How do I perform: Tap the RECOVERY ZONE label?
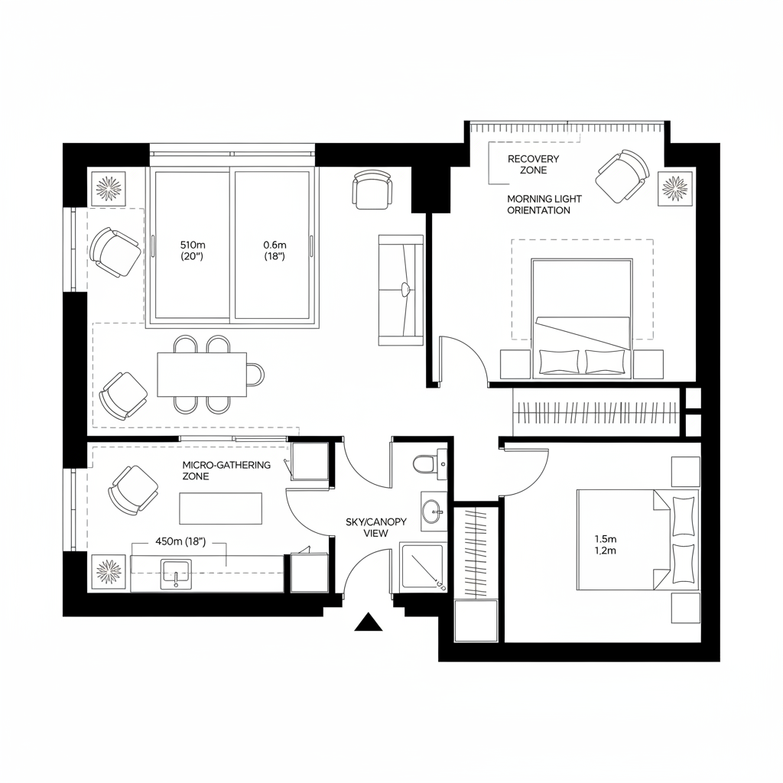[x=533, y=164]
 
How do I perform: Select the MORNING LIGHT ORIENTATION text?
[x=539, y=204]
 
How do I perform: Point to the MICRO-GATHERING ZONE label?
[x=226, y=470]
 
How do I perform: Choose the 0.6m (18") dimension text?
[x=274, y=250]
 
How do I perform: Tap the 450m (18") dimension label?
[x=181, y=541]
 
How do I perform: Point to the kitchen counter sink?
[x=175, y=573]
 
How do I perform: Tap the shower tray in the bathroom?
[x=423, y=566]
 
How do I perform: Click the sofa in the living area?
[x=401, y=289]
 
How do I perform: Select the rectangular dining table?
[x=202, y=375]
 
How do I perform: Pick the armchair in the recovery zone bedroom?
[x=622, y=175]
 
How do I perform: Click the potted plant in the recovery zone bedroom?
[x=674, y=187]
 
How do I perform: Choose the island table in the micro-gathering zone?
[x=220, y=508]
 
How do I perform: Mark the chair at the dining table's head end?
[x=255, y=375]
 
